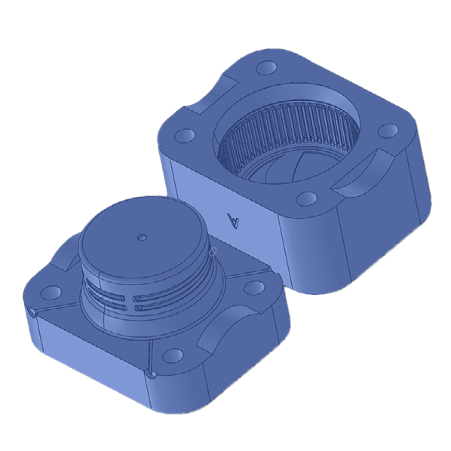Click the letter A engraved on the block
pos(234,219)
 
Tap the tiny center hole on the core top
pos(141,237)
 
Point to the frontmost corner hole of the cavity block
pos(306,198)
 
